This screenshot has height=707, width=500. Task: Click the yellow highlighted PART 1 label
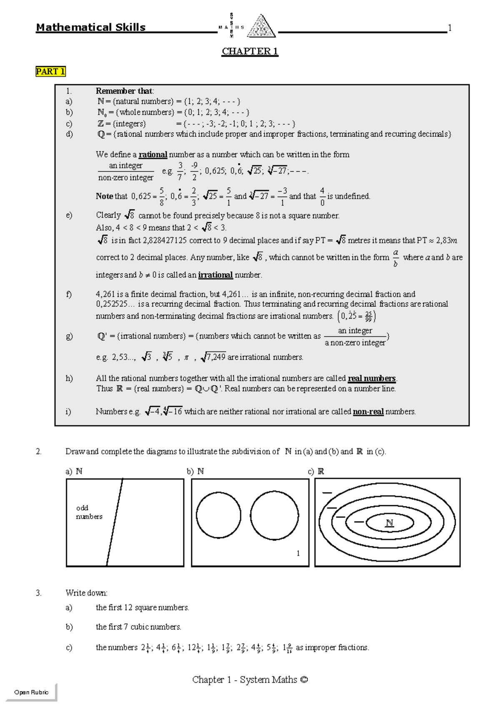point(50,71)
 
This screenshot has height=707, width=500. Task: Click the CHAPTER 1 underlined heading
point(250,51)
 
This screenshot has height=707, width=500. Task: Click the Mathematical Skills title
point(90,28)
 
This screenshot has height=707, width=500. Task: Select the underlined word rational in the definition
point(152,155)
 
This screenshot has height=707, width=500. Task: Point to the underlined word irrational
point(215,275)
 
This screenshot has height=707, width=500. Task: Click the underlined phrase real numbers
point(371,379)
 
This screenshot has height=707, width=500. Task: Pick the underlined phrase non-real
point(368,412)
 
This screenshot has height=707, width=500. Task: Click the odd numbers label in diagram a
point(88,512)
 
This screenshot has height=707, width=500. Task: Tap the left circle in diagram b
point(218,514)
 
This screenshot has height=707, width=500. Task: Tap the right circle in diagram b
point(274,514)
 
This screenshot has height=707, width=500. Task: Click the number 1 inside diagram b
point(298,553)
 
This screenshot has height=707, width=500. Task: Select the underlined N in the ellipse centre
point(389,523)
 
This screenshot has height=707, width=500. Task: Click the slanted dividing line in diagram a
point(115,522)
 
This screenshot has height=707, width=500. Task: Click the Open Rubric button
point(31,692)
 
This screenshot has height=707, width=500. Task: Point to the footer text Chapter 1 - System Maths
point(250,680)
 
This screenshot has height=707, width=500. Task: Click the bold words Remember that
point(124,91)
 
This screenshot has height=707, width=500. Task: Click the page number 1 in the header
point(450,28)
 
